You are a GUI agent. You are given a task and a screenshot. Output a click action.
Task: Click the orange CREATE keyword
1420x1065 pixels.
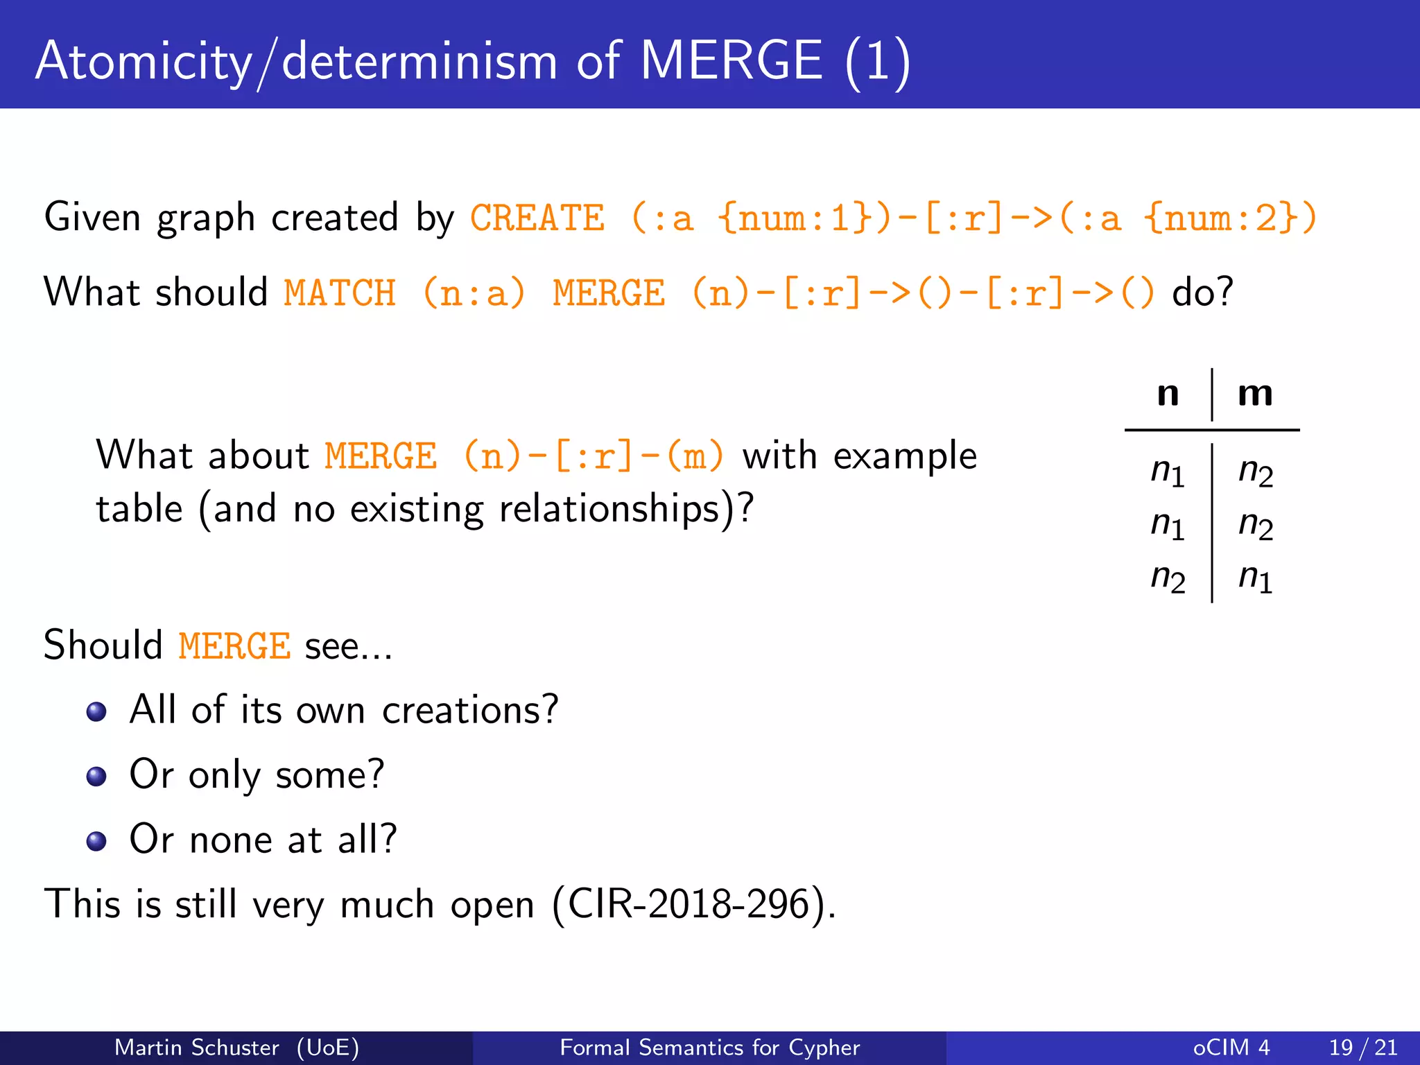537,218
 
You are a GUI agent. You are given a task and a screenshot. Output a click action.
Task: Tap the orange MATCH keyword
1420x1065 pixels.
340,293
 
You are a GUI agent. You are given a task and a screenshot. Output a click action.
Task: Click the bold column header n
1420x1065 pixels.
1168,394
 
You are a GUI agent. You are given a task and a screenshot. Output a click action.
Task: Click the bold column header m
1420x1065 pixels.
1255,394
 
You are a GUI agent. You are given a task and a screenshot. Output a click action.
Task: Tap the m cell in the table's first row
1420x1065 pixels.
1256,471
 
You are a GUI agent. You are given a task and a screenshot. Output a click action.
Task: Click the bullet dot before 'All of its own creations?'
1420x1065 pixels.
96,711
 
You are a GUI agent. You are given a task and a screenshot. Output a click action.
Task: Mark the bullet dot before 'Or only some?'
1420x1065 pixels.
96,776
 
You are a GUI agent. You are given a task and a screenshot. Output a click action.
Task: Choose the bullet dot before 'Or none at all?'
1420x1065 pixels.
96,841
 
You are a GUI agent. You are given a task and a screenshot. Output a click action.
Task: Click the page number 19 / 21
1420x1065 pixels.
1362,1047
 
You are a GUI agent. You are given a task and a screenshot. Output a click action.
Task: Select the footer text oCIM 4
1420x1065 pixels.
1231,1047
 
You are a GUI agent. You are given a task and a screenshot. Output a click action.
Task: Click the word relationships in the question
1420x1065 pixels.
609,510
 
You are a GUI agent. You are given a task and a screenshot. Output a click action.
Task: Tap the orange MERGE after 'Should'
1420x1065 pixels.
234,646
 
